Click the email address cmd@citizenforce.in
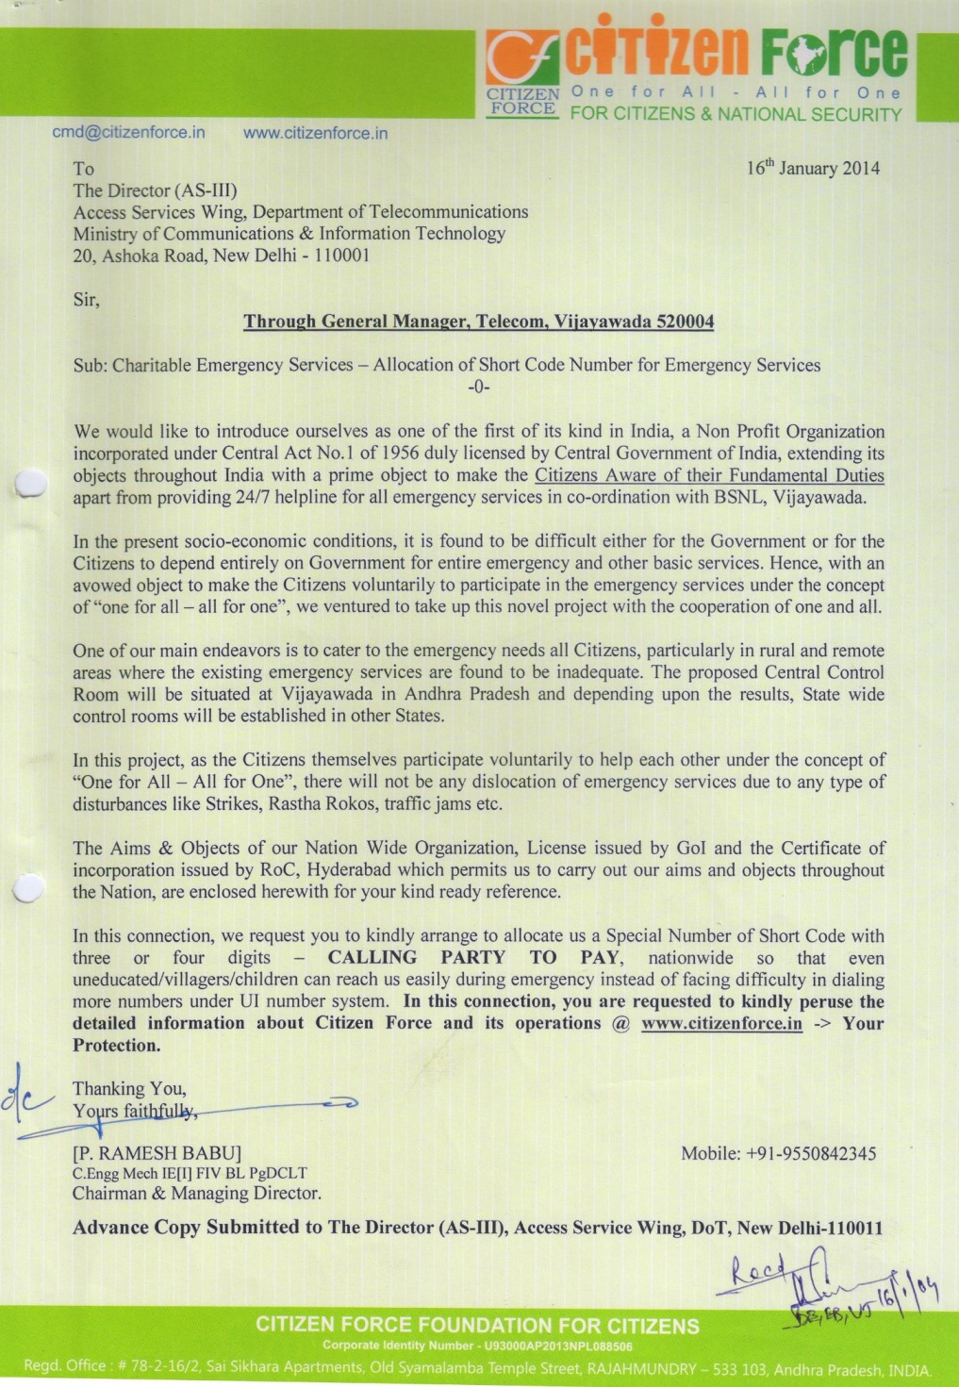pyautogui.click(x=128, y=132)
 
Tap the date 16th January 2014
pyautogui.click(x=813, y=168)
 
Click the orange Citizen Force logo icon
pyautogui.click(x=521, y=58)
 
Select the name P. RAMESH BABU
pyautogui.click(x=157, y=1153)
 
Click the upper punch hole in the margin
pyautogui.click(x=31, y=483)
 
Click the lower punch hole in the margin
pyautogui.click(x=28, y=888)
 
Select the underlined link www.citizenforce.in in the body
pyautogui.click(x=721, y=1024)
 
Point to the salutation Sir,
pyautogui.click(x=86, y=300)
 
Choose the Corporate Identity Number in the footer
pyautogui.click(x=477, y=1346)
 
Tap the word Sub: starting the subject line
pyautogui.click(x=91, y=365)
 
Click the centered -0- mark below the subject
pyautogui.click(x=479, y=387)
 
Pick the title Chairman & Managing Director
pyautogui.click(x=197, y=1194)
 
